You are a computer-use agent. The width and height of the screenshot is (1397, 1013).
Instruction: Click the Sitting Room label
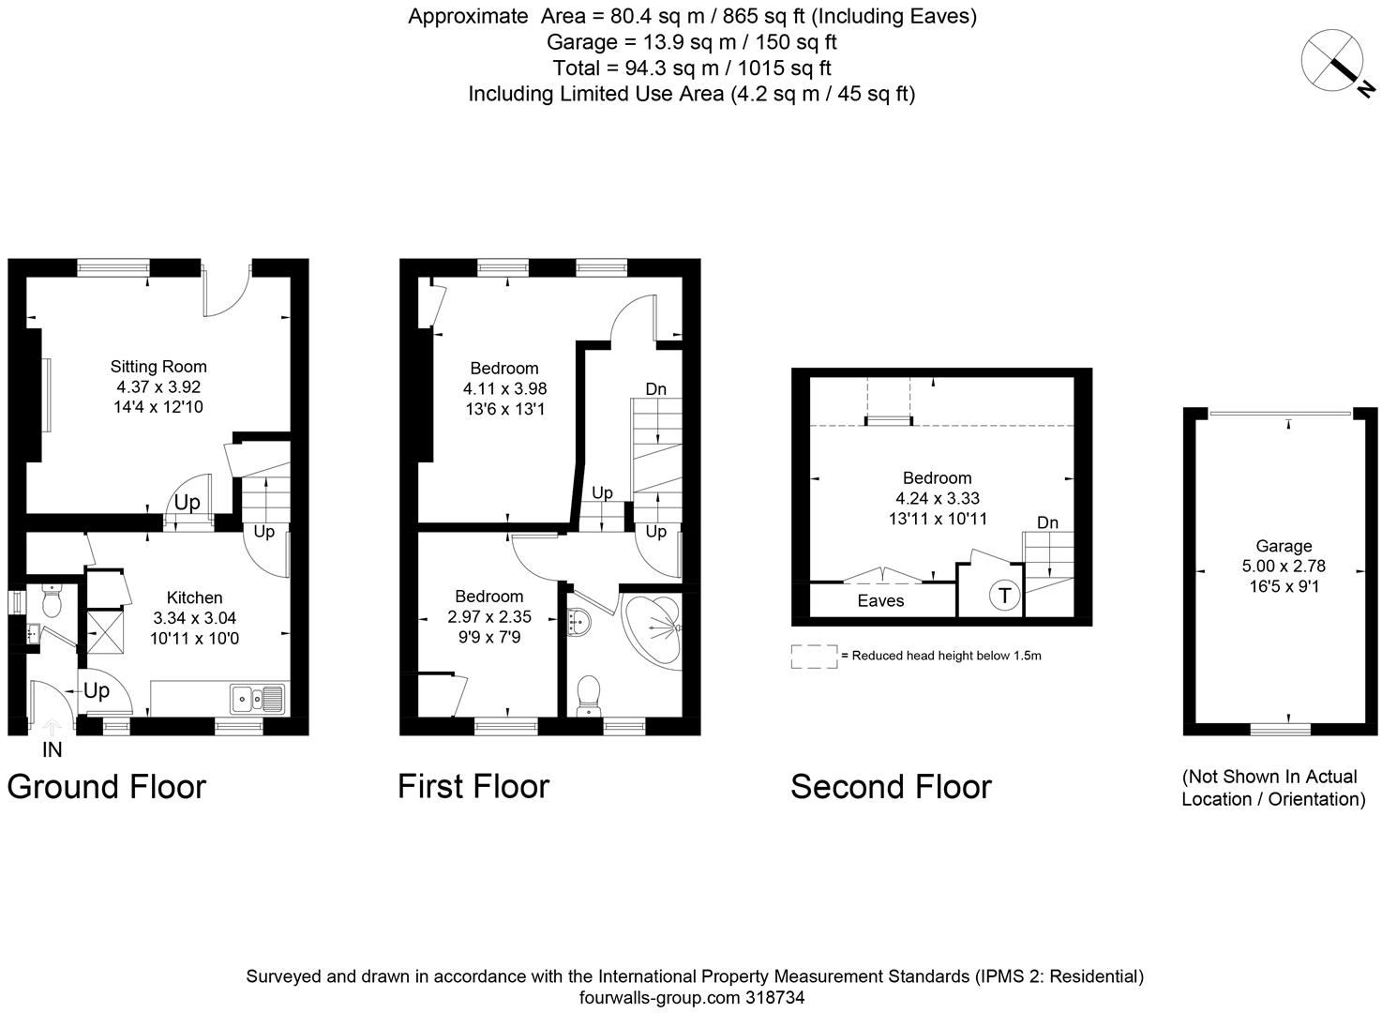[158, 367]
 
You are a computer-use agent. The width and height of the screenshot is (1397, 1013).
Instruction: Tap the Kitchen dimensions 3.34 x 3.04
[194, 618]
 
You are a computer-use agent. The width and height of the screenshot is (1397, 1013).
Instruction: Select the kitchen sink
[258, 698]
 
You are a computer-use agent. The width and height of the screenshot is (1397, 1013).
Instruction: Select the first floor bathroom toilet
[590, 694]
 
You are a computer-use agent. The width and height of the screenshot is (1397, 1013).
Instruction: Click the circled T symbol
[1004, 595]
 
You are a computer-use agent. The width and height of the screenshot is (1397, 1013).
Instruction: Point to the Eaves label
[880, 601]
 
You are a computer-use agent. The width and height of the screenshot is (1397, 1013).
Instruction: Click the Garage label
[1284, 546]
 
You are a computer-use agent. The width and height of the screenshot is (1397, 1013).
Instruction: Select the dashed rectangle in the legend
[814, 656]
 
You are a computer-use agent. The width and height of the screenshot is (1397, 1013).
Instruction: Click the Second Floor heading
[890, 786]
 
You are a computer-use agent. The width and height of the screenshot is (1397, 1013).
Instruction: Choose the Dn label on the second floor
[1047, 522]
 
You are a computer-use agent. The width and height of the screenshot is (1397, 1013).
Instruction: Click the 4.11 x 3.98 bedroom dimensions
[504, 388]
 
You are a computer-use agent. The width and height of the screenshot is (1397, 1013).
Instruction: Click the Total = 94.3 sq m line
[692, 68]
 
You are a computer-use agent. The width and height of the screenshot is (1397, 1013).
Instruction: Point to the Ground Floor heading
[106, 786]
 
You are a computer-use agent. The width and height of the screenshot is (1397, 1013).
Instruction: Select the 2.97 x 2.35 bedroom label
[488, 616]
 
